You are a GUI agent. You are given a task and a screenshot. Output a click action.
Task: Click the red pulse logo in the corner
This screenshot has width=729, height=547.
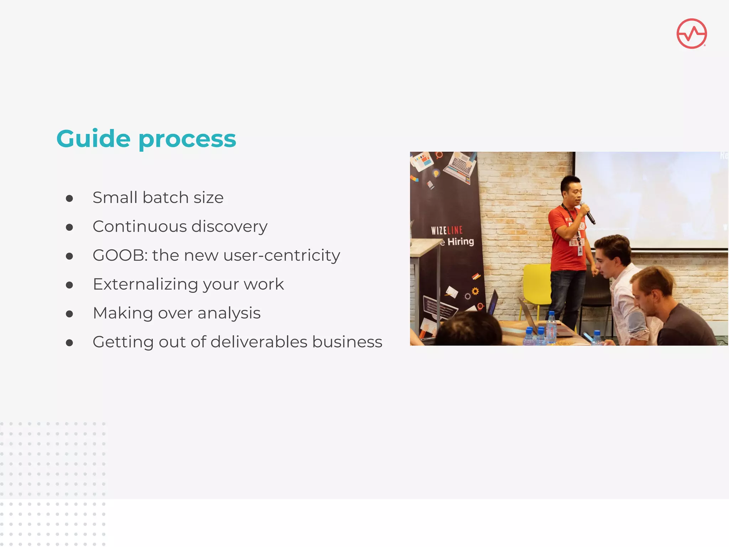pos(691,33)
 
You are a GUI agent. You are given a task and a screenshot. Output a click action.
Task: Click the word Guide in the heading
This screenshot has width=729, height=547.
pos(93,139)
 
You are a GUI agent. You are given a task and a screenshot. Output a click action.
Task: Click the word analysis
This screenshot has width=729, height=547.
pos(229,313)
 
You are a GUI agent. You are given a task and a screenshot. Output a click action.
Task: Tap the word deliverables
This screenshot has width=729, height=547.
pos(259,342)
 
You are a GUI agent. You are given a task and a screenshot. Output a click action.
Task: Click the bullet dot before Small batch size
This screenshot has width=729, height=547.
pos(69,198)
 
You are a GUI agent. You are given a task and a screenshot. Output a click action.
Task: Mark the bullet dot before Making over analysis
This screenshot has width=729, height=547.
pos(69,314)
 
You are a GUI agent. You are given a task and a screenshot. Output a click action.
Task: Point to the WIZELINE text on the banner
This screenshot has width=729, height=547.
pos(447,230)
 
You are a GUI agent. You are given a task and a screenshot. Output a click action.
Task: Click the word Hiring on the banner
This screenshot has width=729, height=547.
pos(461,241)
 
